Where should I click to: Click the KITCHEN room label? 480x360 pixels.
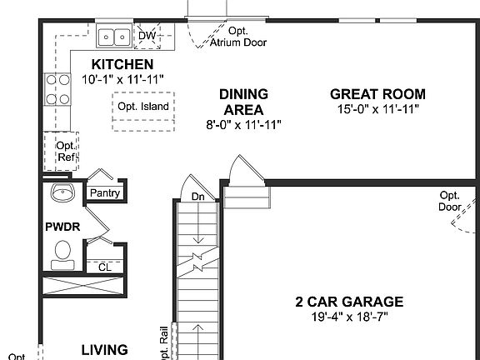(122, 64)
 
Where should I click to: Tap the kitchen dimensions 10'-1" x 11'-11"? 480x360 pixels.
(122, 78)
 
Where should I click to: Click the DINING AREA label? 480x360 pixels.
(243, 102)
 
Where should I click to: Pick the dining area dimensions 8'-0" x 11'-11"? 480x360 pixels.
(243, 124)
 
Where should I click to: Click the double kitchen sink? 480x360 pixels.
(112, 36)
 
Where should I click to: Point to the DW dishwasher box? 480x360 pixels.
(147, 35)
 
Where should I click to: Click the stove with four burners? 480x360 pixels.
(57, 89)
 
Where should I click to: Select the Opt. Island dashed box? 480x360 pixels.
(142, 107)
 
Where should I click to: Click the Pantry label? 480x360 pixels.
(105, 193)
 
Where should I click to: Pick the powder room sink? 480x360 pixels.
(62, 193)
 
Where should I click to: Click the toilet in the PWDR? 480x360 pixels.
(62, 252)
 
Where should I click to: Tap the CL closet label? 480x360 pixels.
(104, 267)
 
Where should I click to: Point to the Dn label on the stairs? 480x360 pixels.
(197, 197)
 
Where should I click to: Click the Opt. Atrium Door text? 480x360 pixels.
(243, 37)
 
